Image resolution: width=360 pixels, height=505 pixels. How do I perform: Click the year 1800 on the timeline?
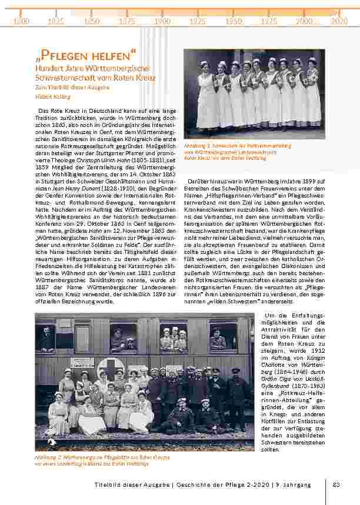[21, 21]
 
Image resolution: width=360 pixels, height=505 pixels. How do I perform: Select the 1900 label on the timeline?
[162, 21]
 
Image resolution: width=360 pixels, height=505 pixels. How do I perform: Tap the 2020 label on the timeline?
[339, 21]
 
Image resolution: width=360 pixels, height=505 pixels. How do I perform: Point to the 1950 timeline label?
[234, 21]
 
